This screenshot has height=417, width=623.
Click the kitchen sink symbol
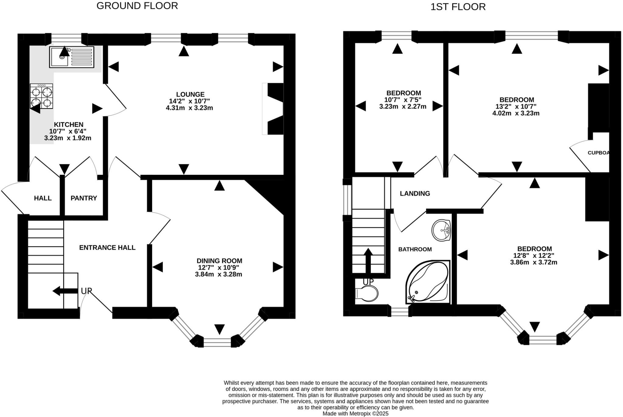(71, 57)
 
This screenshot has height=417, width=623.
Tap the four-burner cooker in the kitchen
(41, 96)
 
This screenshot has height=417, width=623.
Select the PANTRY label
(84, 198)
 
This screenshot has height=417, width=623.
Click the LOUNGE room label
(190, 95)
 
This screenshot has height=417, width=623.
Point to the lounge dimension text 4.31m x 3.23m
(189, 108)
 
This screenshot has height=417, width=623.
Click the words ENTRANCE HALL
(107, 248)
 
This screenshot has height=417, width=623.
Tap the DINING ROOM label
(219, 261)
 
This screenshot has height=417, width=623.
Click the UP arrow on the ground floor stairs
(64, 291)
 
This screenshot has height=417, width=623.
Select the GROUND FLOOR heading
(137, 6)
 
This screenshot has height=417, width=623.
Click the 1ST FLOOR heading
(458, 7)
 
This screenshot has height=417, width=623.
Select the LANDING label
(415, 193)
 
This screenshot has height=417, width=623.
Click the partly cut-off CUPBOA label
(598, 153)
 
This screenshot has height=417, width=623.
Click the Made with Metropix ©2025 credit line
(355, 414)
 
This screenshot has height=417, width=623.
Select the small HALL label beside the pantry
(43, 198)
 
